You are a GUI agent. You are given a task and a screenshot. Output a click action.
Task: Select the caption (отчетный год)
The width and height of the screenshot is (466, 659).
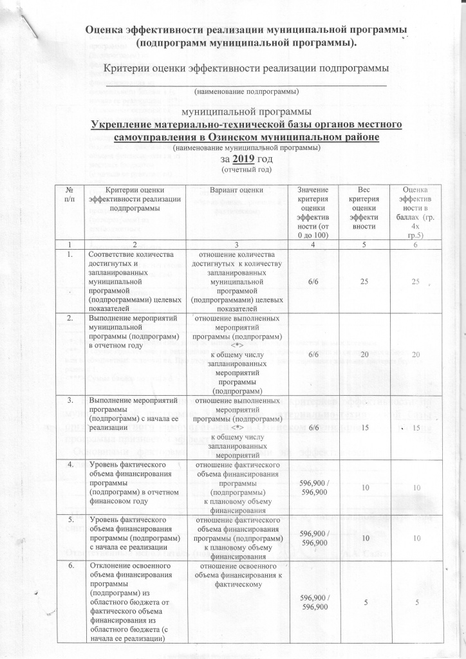pyautogui.click(x=242, y=170)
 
